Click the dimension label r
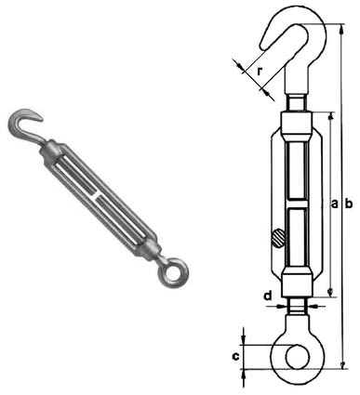(260, 72)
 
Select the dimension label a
(334, 204)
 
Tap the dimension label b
(349, 204)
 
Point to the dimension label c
(235, 357)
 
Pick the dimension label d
(268, 296)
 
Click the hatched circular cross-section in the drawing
(278, 238)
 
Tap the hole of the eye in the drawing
(298, 356)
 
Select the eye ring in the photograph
(171, 273)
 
